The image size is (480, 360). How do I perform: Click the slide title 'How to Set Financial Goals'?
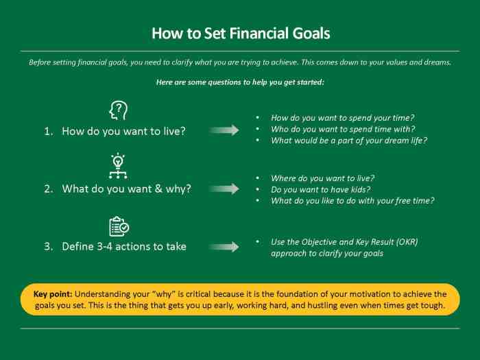pos(241,33)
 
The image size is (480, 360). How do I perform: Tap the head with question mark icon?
pos(119,110)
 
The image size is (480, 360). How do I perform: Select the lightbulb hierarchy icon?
pos(119,166)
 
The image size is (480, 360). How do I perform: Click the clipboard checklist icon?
pos(119,226)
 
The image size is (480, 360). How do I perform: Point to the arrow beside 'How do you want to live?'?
pos(224,130)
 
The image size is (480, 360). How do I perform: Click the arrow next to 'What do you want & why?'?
pos(224,189)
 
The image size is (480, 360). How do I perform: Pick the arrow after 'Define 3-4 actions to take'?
pos(224,247)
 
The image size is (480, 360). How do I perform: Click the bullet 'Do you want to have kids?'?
pos(320,189)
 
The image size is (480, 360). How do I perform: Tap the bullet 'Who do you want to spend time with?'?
pos(343,129)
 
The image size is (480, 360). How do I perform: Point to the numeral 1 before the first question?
pos(48,130)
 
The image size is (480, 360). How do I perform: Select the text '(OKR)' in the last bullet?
pos(405,242)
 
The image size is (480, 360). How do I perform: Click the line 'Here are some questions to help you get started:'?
pos(240,82)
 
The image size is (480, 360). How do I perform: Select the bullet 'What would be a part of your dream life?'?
pos(349,141)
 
